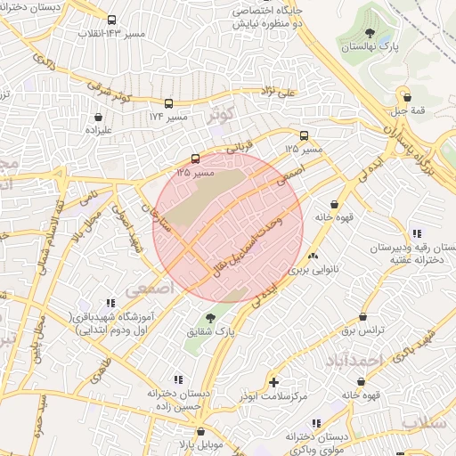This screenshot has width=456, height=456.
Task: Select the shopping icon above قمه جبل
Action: point(407,98)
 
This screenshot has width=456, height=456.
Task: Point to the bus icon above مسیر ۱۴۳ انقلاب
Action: point(111,20)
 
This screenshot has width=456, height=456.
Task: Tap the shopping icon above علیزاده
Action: point(98,116)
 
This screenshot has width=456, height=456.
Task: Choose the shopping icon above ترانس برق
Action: point(362,317)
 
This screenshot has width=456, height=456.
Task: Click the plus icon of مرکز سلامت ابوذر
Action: point(273,382)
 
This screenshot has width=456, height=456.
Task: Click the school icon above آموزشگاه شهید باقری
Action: point(110,303)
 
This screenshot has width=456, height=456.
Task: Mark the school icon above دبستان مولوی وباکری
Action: point(315,423)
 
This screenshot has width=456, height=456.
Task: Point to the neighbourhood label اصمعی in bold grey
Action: point(146,289)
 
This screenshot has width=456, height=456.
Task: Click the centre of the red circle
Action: point(228,228)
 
